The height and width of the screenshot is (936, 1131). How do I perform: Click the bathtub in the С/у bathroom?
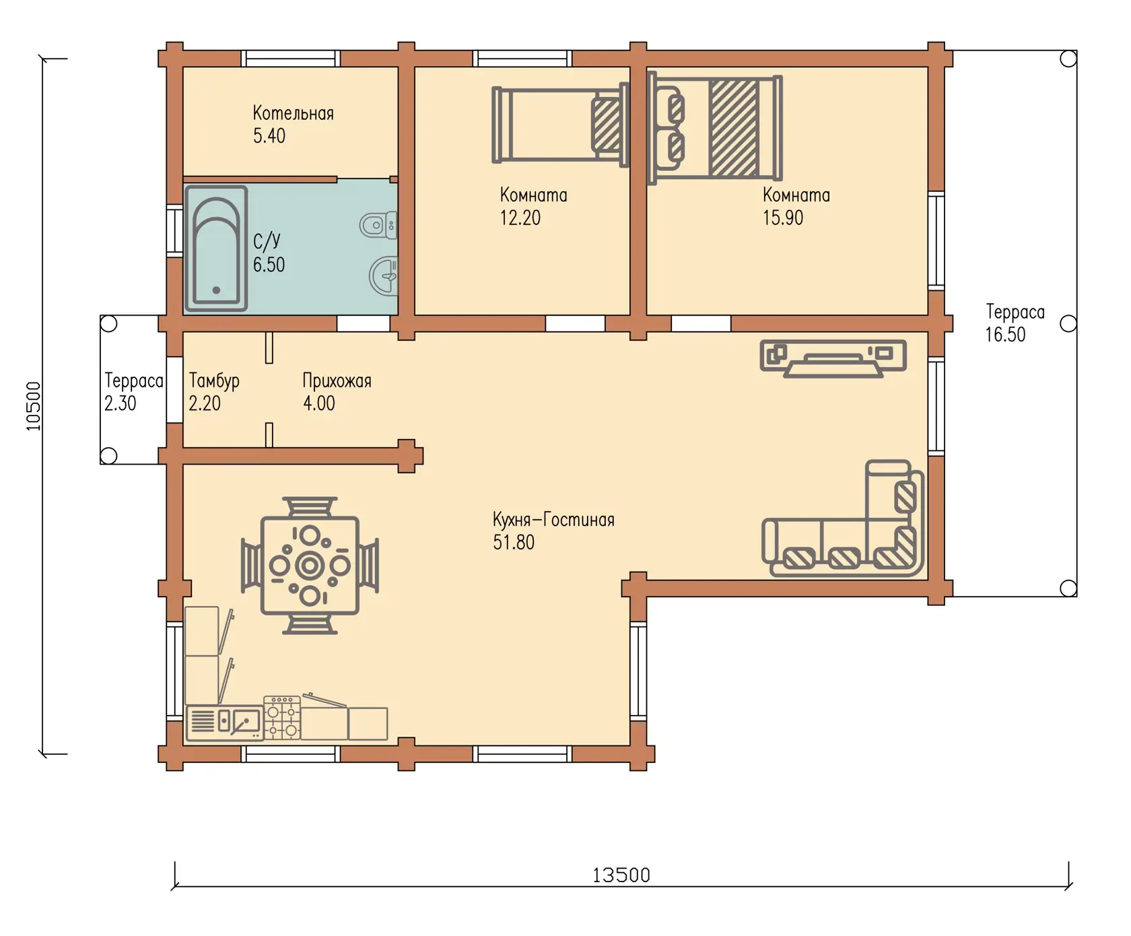(216, 248)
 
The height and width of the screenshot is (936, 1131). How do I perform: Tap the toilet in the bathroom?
(378, 225)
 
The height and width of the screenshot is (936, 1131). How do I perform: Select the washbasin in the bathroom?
(384, 276)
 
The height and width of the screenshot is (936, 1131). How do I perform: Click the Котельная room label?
(293, 113)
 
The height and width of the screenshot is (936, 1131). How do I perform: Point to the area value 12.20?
(520, 218)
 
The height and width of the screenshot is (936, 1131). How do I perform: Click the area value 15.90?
(783, 218)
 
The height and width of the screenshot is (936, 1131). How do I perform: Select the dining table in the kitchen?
(310, 566)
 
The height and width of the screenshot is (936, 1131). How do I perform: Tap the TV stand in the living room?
(833, 358)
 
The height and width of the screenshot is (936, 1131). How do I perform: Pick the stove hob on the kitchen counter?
(282, 718)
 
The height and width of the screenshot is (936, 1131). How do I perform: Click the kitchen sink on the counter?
(240, 721)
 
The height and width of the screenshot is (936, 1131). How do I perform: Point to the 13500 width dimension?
(621, 875)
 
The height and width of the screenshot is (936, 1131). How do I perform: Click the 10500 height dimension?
(34, 406)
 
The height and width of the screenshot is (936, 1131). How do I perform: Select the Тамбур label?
(214, 381)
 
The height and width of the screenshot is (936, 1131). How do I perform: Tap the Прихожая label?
(337, 381)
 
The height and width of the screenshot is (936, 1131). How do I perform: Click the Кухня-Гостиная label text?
(553, 520)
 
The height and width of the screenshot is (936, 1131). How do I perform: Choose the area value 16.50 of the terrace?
(1005, 335)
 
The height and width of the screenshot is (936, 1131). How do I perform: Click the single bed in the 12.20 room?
(560, 125)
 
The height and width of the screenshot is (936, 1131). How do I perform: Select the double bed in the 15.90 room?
(714, 128)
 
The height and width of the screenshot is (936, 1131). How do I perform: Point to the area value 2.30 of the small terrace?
(120, 403)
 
